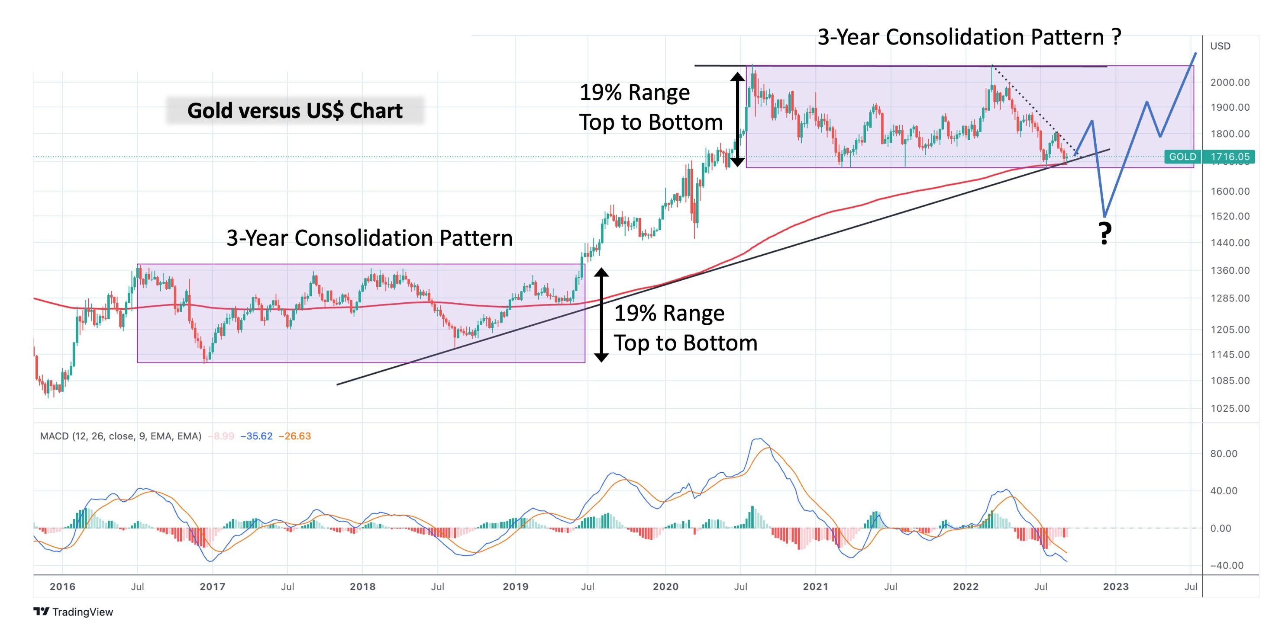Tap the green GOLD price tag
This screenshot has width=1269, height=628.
point(1182,157)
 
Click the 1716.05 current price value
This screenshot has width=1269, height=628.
point(1230,157)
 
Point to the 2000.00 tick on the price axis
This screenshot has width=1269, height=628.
point(1230,82)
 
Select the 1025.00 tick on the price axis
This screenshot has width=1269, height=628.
point(1230,408)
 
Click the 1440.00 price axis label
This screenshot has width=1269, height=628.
point(1230,242)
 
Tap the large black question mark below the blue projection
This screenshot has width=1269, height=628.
point(1105,234)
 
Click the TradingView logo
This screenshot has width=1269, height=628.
point(74,612)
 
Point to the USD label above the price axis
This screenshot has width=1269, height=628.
point(1220,46)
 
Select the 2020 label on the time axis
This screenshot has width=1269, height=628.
point(665,586)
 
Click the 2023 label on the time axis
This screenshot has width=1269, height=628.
point(1115,586)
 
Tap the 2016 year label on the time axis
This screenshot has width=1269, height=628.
point(63,586)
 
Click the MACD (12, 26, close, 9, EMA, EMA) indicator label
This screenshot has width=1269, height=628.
point(120,436)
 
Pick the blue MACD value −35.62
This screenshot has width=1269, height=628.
point(256,436)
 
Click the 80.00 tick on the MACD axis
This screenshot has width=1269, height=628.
point(1224,453)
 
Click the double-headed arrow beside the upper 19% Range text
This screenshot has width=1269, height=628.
point(737,119)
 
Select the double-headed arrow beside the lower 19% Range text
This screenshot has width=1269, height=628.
point(601,315)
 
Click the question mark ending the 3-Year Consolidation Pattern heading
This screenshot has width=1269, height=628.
point(1116,37)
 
